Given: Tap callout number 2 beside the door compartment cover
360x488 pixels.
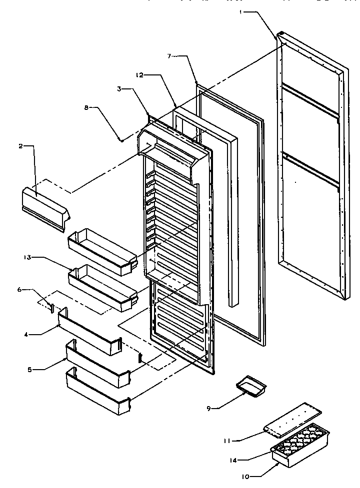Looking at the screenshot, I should pyautogui.click(x=20, y=146).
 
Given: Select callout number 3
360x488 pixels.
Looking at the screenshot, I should pyautogui.click(x=119, y=89).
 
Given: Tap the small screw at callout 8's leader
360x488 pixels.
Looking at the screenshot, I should pyautogui.click(x=121, y=140).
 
